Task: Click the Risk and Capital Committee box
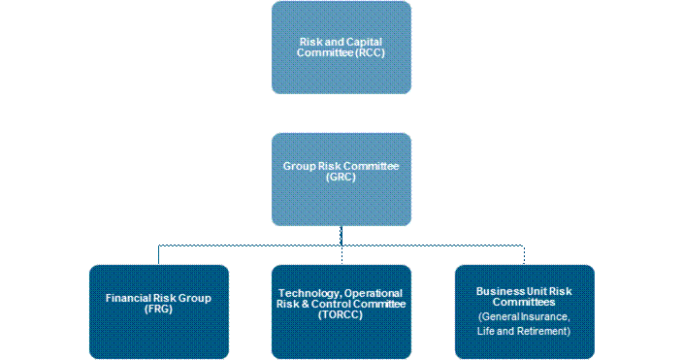[x=341, y=48]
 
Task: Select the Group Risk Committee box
[x=341, y=180]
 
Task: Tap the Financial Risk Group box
[x=159, y=311]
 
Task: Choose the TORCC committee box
[x=341, y=311]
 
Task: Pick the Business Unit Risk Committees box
[x=525, y=311]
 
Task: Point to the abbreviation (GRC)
[x=341, y=177]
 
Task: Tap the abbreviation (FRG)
[x=158, y=309]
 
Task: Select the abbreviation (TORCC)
[x=341, y=314]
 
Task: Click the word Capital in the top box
[x=366, y=42]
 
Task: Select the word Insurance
[x=546, y=317]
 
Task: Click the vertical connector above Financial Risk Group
[x=158, y=255]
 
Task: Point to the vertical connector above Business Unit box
[x=524, y=255]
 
